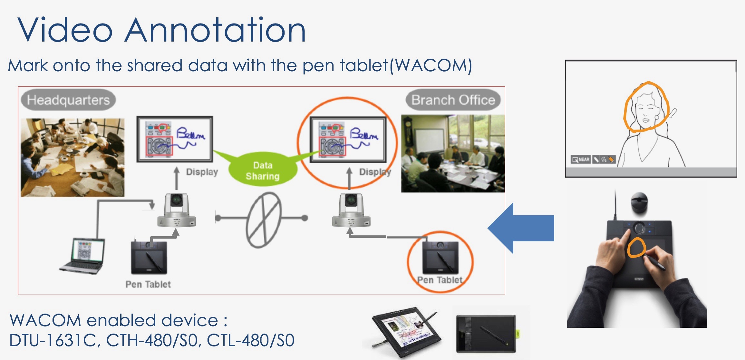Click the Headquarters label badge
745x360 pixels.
68,100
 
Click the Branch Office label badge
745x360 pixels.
453,100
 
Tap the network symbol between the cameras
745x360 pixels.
263,220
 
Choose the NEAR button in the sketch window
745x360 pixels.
581,160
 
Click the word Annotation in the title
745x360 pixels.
215,30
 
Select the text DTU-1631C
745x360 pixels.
53,340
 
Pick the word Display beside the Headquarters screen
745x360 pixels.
202,172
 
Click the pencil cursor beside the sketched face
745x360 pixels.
673,113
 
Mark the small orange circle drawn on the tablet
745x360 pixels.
636,248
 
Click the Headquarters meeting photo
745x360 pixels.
73,158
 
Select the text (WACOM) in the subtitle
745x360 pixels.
431,66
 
